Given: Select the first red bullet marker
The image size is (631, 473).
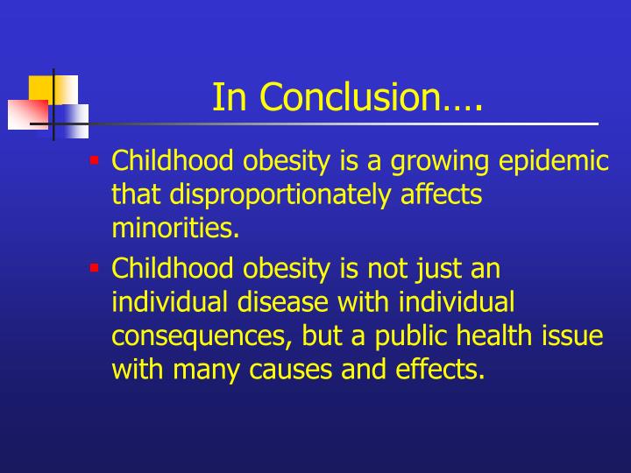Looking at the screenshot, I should (x=94, y=160).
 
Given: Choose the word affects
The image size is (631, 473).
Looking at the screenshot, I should (x=434, y=194).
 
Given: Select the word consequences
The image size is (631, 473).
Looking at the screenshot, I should (x=201, y=335).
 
